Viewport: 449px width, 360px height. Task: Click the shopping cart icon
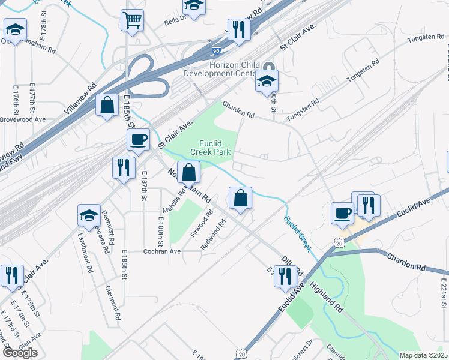tap(132, 20)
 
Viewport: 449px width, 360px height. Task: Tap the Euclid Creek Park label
tap(214, 147)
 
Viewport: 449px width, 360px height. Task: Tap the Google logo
tap(20, 353)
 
